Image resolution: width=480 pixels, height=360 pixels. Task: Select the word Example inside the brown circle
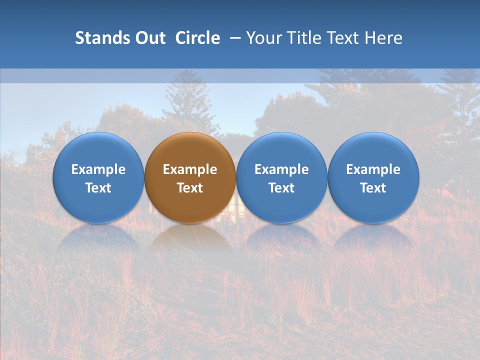190,169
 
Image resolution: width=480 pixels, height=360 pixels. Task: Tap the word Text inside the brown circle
190,188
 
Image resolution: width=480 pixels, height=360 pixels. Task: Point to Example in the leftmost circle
98,169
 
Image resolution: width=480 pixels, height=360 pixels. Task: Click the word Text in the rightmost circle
373,188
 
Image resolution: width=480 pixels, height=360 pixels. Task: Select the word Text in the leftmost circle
98,188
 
